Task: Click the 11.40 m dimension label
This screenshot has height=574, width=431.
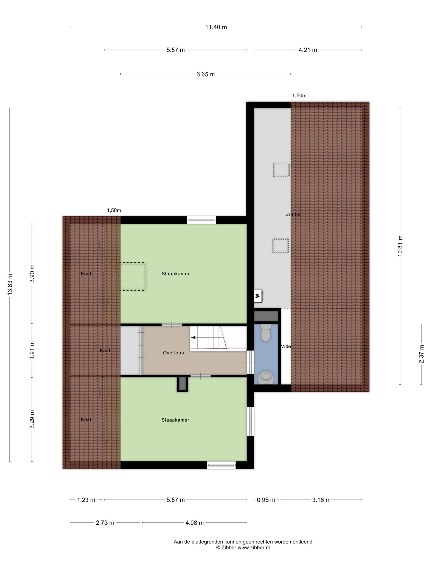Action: (x=216, y=27)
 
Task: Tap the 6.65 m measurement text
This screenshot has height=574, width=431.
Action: (x=205, y=74)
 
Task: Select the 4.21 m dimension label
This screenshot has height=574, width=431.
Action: (x=308, y=50)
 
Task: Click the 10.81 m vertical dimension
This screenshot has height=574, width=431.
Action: (x=400, y=246)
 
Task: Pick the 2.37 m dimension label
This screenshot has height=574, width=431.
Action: (x=421, y=354)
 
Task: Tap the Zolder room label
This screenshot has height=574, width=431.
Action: (x=293, y=215)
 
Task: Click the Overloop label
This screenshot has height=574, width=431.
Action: (x=173, y=353)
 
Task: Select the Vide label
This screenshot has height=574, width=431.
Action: (x=286, y=346)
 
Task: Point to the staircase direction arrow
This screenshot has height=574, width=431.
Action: (x=193, y=338)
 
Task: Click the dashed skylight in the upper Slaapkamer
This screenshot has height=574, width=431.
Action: (x=133, y=276)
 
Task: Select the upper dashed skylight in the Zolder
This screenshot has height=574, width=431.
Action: (x=281, y=170)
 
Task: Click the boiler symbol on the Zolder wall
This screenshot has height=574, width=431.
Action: (x=258, y=296)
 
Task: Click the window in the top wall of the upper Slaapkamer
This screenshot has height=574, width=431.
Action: (x=201, y=220)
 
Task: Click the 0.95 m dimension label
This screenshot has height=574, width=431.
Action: (x=266, y=500)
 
